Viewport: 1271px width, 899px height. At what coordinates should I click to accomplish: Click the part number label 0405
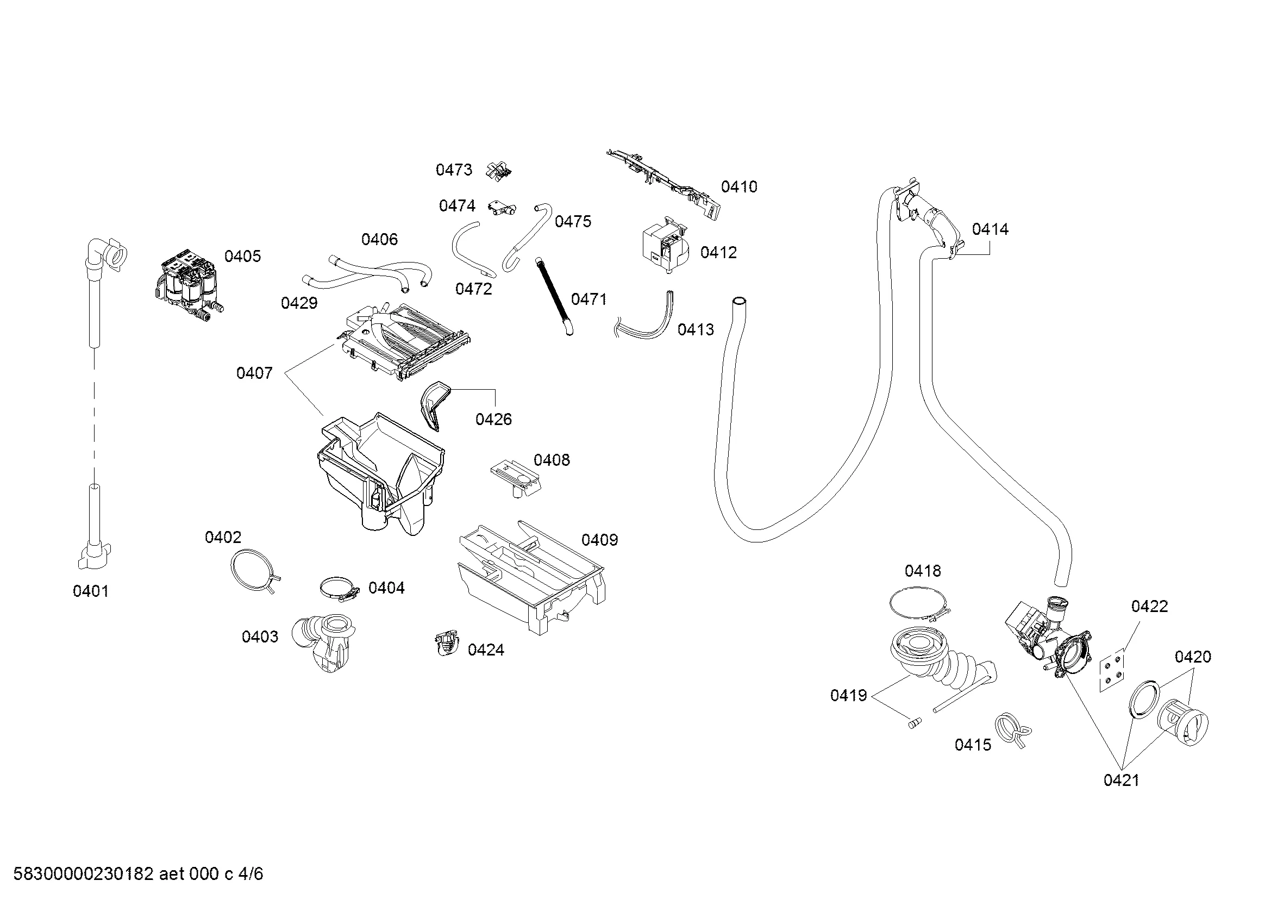click(242, 257)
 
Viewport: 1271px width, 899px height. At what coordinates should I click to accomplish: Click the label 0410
click(739, 187)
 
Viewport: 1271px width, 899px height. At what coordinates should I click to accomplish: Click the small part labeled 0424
click(447, 642)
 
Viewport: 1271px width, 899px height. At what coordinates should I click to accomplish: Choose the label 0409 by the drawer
click(599, 540)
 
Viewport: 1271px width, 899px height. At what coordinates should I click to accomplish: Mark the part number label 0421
click(1122, 781)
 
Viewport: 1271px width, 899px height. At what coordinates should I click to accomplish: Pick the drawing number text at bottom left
click(138, 875)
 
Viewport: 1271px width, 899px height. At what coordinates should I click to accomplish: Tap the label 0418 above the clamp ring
click(923, 571)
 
